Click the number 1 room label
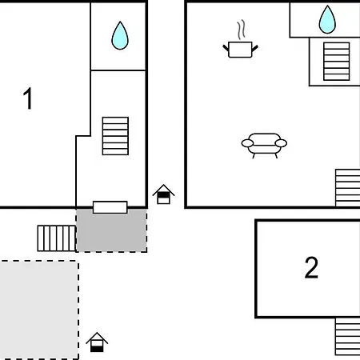[x=28, y=98]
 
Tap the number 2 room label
[x=311, y=267]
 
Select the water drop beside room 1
[x=120, y=36]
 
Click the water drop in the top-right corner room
[x=327, y=20]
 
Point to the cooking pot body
[x=240, y=50]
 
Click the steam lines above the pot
[x=242, y=30]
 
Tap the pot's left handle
[x=226, y=48]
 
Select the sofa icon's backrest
[x=264, y=139]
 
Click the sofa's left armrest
[x=247, y=143]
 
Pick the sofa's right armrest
[x=281, y=143]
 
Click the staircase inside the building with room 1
[x=115, y=136]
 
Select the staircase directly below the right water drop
[x=337, y=62]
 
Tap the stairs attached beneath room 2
[x=348, y=336]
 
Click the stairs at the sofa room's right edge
[x=348, y=188]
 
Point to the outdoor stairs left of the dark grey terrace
[x=57, y=238]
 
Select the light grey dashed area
[x=39, y=310]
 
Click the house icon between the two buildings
[x=163, y=194]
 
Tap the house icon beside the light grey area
[x=97, y=342]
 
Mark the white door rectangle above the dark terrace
[x=110, y=207]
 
